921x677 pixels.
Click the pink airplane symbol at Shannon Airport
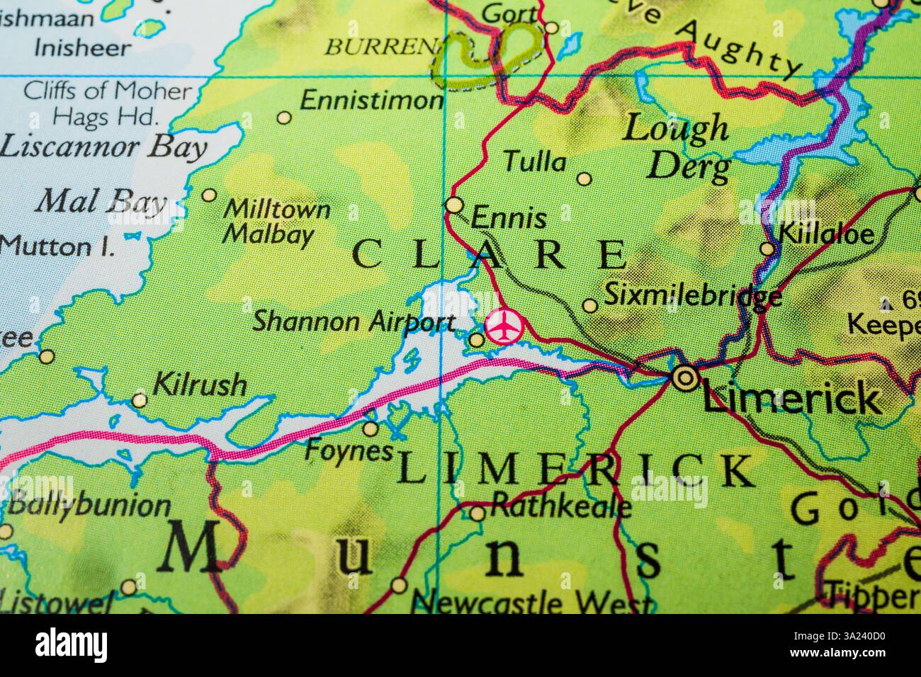[504, 326]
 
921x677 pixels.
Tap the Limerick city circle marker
[685, 377]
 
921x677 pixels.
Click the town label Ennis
[509, 218]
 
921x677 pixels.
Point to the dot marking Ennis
[454, 205]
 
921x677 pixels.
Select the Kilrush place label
[200, 386]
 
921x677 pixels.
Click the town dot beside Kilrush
[140, 401]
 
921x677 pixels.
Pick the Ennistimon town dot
[284, 118]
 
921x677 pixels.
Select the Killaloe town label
[826, 234]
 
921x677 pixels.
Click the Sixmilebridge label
[692, 295]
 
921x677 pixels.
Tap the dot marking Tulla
[584, 178]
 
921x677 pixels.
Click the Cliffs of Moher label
[107, 91]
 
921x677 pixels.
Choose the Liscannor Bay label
[103, 147]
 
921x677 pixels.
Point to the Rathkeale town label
[560, 506]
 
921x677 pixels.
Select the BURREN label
[379, 47]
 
